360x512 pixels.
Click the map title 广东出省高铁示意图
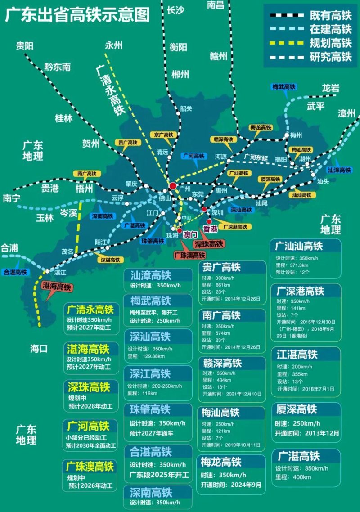[77, 15]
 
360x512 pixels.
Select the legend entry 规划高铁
[330, 43]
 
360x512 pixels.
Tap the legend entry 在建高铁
[330, 29]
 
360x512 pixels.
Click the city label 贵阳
[25, 45]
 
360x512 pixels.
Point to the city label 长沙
[175, 10]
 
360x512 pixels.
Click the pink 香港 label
[210, 229]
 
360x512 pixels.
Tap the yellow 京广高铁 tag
[162, 134]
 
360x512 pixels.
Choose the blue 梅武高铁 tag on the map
[284, 86]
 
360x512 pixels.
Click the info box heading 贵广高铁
[222, 267]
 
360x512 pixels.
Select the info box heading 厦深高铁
[297, 409]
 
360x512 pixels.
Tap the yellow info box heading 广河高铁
[88, 426]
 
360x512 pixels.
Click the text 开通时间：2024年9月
[231, 485]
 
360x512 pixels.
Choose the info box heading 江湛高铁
[297, 355]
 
